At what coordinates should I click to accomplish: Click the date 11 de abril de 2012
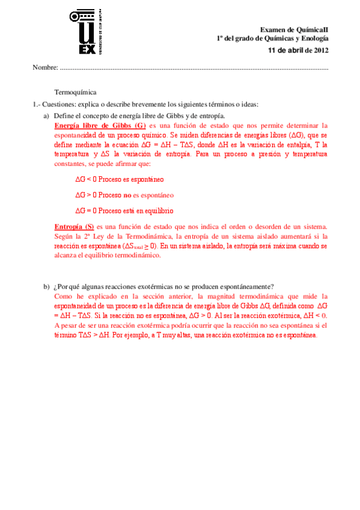298,50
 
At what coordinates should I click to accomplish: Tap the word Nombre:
45,66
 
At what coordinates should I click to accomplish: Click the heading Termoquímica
75,92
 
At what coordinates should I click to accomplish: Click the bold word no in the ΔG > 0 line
127,195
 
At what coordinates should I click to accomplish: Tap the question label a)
46,115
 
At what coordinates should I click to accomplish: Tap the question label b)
46,286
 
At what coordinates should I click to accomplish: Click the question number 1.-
37,103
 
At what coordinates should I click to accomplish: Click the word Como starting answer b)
63,296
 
